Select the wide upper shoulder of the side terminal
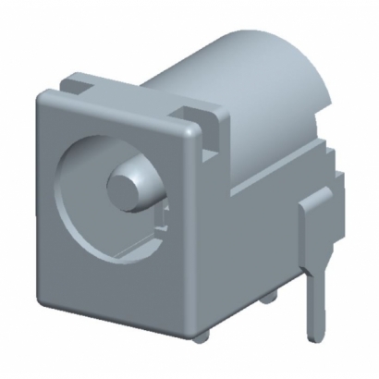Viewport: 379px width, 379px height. pyautogui.click(x=315, y=207)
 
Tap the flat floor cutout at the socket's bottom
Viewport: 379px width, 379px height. pyautogui.click(x=129, y=245)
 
